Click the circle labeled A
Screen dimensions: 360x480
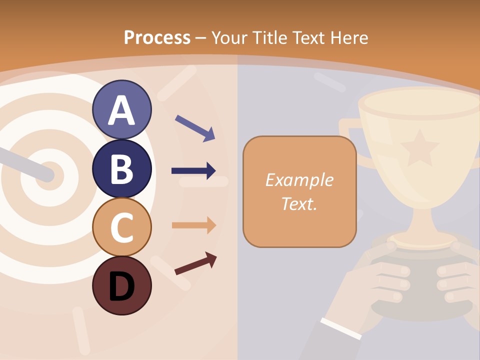121,110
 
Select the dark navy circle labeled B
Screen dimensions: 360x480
121,168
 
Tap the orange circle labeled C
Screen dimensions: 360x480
121,227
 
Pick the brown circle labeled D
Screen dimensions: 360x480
121,285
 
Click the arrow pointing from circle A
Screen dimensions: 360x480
195,127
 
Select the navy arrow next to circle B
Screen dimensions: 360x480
193,171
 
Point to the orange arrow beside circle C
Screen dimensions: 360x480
194,225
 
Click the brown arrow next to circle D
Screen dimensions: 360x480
195,263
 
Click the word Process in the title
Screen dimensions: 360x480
157,37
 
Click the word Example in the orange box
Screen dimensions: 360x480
299,180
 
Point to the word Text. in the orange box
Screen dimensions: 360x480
299,203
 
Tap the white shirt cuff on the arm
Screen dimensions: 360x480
341,328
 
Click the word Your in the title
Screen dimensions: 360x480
228,37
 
